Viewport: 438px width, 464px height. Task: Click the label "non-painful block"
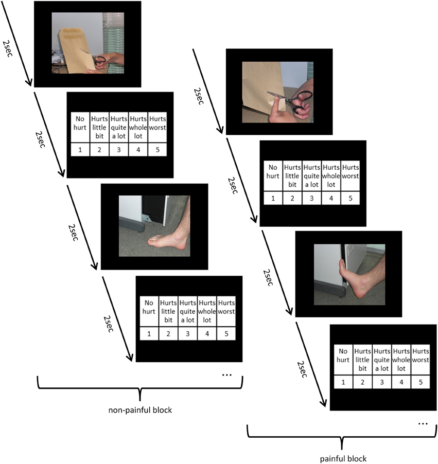point(139,410)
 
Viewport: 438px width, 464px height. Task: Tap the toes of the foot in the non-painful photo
point(154,239)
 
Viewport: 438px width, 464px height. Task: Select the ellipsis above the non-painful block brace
point(226,375)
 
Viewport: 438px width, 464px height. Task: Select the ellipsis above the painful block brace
point(423,423)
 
